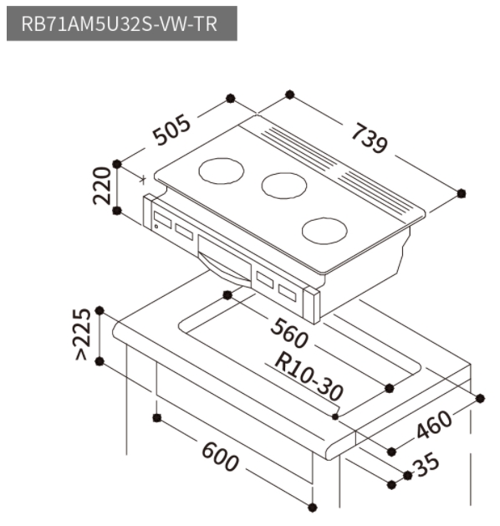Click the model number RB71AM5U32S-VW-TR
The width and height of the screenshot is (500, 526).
(x=119, y=23)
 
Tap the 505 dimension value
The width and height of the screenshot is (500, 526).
(x=171, y=130)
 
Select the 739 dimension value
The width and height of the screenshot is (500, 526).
(x=370, y=138)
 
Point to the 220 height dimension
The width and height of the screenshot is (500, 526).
(x=102, y=186)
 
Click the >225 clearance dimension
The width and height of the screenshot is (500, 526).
(x=82, y=334)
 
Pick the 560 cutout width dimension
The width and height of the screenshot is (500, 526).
(x=289, y=333)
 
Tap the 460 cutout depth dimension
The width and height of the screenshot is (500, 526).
(x=434, y=424)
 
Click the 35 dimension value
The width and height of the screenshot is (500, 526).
(x=426, y=465)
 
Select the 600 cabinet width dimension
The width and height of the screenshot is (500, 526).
(x=221, y=457)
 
